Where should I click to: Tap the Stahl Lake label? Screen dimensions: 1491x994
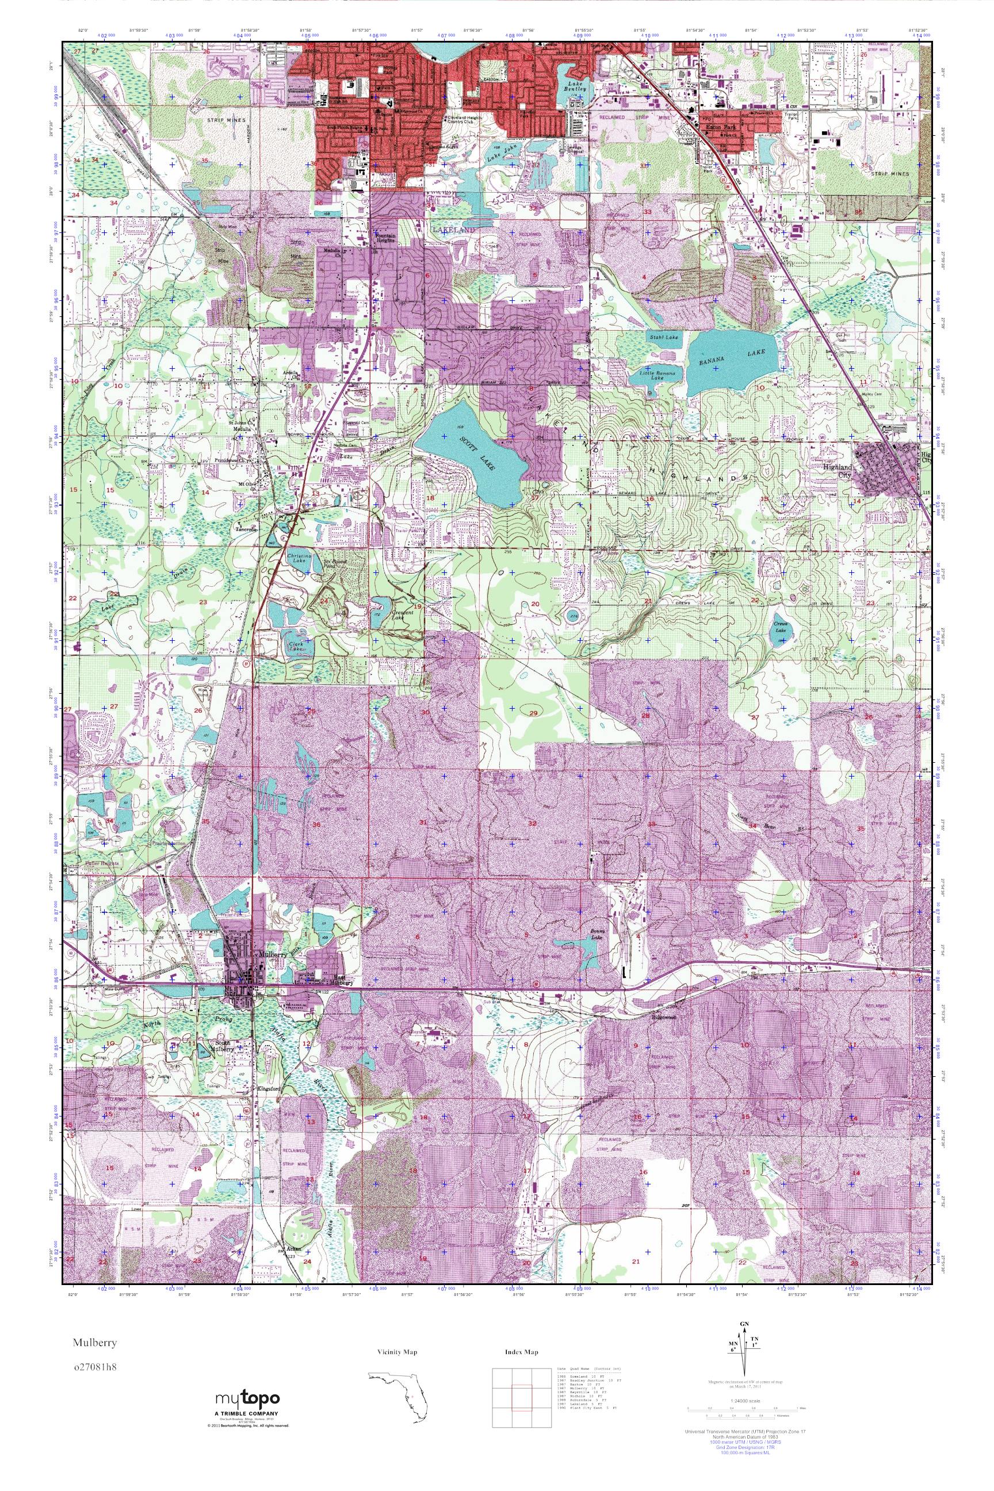[664, 338]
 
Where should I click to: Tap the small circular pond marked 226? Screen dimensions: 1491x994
[572, 616]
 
